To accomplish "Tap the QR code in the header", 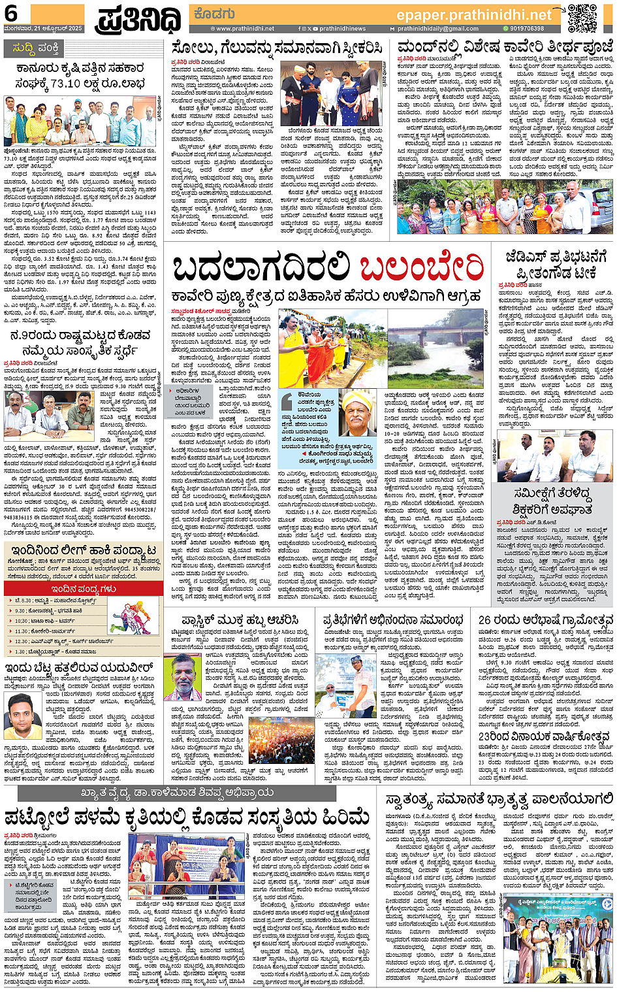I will coord(582,18).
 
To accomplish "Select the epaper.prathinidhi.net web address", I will coord(474,14).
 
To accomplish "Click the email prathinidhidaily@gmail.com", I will coord(437,29).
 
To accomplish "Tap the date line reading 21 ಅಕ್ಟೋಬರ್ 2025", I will coord(43,29).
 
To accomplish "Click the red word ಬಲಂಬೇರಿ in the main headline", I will coord(421,267).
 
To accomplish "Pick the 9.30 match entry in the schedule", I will coord(49,611).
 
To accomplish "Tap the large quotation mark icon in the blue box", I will coord(287,402).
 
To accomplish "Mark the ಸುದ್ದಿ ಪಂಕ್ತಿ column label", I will coord(37,48).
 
